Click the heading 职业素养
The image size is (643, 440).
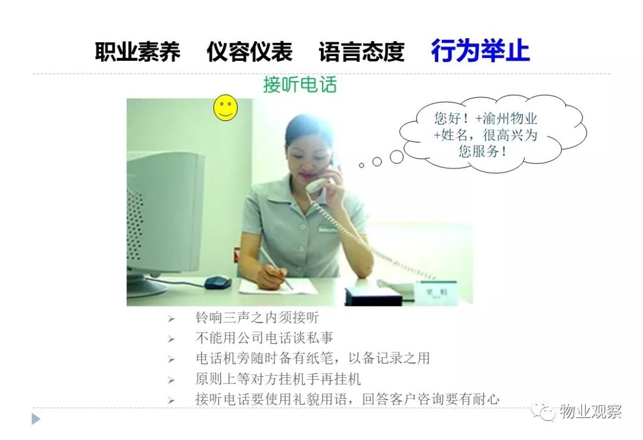pyautogui.click(x=138, y=52)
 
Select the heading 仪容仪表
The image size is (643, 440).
pyautogui.click(x=249, y=52)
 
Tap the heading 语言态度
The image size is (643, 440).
pyautogui.click(x=362, y=52)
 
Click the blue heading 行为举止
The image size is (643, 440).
pyautogui.click(x=480, y=51)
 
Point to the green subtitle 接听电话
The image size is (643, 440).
pyautogui.click(x=299, y=85)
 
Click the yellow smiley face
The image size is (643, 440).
pyautogui.click(x=226, y=108)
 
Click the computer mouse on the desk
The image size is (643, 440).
pyautogui.click(x=218, y=281)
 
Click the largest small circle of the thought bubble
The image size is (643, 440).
pyautogui.click(x=397, y=157)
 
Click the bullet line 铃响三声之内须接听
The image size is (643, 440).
pyautogui.click(x=257, y=317)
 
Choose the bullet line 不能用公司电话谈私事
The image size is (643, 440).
pyautogui.click(x=264, y=337)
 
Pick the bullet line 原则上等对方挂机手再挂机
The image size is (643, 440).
pyautogui.click(x=278, y=379)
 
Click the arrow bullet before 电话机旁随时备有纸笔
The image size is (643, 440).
pyautogui.click(x=171, y=360)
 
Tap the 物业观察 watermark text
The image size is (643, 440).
pyautogui.click(x=591, y=411)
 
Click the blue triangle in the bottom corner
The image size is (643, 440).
pyautogui.click(x=36, y=419)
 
